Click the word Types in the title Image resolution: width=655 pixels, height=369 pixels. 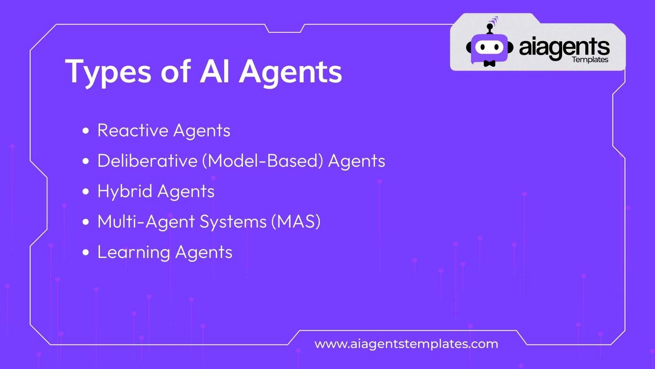pyautogui.click(x=108, y=72)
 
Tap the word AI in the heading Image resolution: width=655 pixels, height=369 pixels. pyautogui.click(x=215, y=71)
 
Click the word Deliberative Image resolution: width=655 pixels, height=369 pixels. pyautogui.click(x=147, y=160)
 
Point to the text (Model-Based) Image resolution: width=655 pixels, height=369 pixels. pyautogui.click(x=262, y=161)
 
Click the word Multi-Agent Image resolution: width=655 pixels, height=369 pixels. pyautogui.click(x=146, y=222)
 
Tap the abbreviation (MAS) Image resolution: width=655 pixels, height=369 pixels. pyautogui.click(x=296, y=221)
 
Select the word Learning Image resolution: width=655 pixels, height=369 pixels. pyautogui.click(x=133, y=253)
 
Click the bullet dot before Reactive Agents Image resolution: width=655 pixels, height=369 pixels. pyautogui.click(x=86, y=131)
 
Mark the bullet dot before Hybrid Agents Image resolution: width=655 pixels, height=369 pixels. pyautogui.click(x=86, y=191)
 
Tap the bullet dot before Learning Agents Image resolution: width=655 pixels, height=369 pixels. pyautogui.click(x=86, y=253)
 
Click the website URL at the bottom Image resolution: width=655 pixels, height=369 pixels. pyautogui.click(x=406, y=344)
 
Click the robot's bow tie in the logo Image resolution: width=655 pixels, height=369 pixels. pyautogui.click(x=490, y=63)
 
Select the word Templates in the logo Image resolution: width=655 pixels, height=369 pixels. pyautogui.click(x=590, y=60)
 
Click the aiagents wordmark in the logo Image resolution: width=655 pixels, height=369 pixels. pyautogui.click(x=565, y=49)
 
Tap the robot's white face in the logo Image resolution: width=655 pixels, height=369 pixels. pyautogui.click(x=490, y=47)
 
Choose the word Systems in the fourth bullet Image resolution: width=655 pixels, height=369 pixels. pyautogui.click(x=233, y=222)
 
